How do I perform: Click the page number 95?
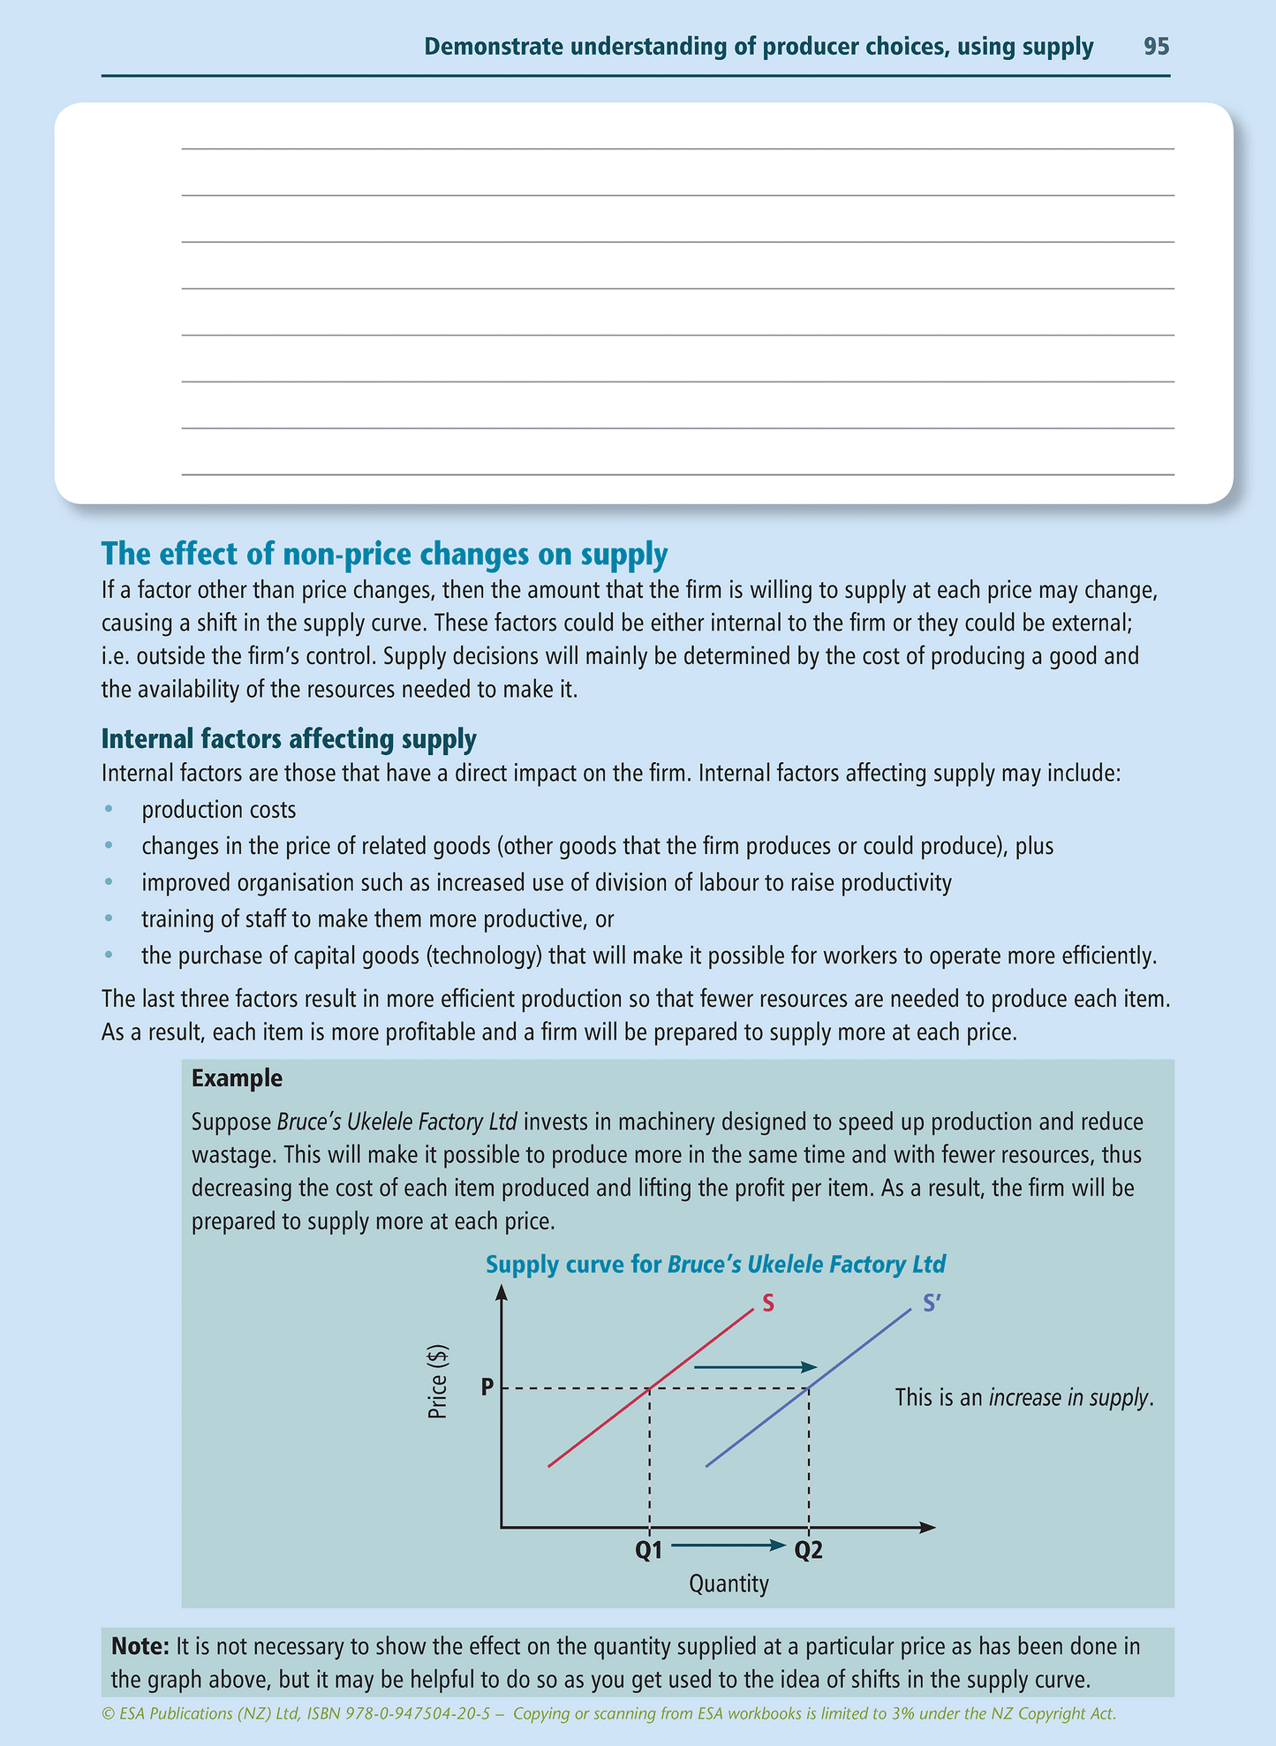click(x=1156, y=47)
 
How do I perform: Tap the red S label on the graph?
click(x=767, y=1304)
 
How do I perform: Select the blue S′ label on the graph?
click(x=932, y=1304)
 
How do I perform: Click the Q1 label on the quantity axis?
click(x=649, y=1551)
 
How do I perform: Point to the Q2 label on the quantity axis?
click(x=809, y=1551)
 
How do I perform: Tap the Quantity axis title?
click(x=729, y=1584)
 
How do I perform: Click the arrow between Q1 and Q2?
click(x=729, y=1546)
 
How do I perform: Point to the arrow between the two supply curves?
click(x=755, y=1367)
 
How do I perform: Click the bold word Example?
click(x=237, y=1078)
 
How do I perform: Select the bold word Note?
click(x=140, y=1646)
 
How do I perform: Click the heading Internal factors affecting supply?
click(x=289, y=738)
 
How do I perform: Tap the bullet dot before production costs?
click(x=109, y=810)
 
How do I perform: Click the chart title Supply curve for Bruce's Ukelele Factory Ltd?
click(x=715, y=1265)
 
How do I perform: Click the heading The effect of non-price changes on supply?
click(x=384, y=554)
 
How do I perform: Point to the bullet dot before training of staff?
click(x=109, y=919)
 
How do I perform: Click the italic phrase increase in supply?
click(x=1068, y=1398)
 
